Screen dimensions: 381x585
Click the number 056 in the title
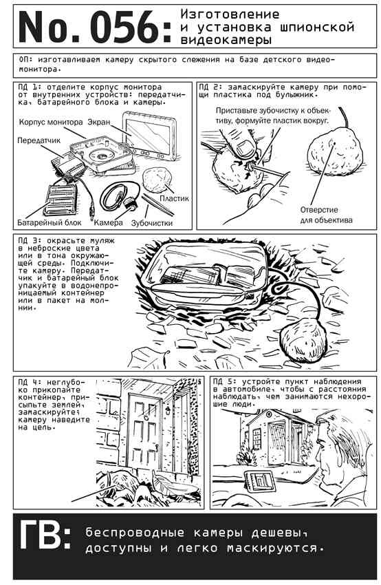click(x=124, y=26)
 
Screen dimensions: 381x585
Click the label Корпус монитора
click(x=51, y=122)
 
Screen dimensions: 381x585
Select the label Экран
click(x=100, y=122)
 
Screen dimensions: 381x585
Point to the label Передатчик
click(x=39, y=140)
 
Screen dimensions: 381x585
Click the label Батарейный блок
click(x=50, y=223)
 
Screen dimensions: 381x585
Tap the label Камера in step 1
click(x=108, y=223)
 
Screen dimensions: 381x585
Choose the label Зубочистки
click(x=152, y=223)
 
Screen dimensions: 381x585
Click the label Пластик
click(x=174, y=198)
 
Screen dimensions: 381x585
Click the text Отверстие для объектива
click(x=326, y=215)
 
